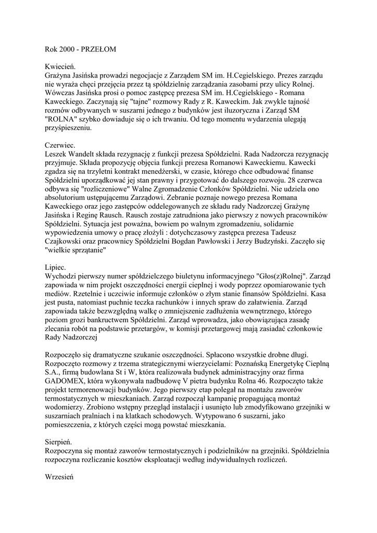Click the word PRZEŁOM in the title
(97, 49)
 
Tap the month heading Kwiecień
(60, 67)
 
